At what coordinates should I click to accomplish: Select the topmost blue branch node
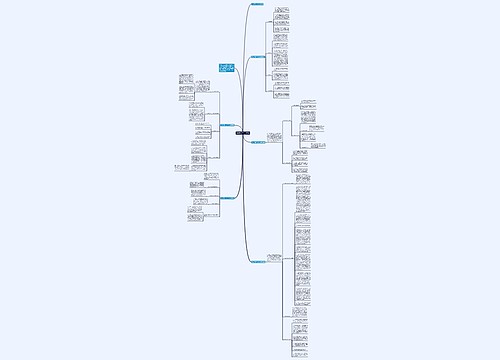(x=258, y=4)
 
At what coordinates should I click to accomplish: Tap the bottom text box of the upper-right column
(x=281, y=96)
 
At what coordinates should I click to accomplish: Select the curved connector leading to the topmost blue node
(x=247, y=30)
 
